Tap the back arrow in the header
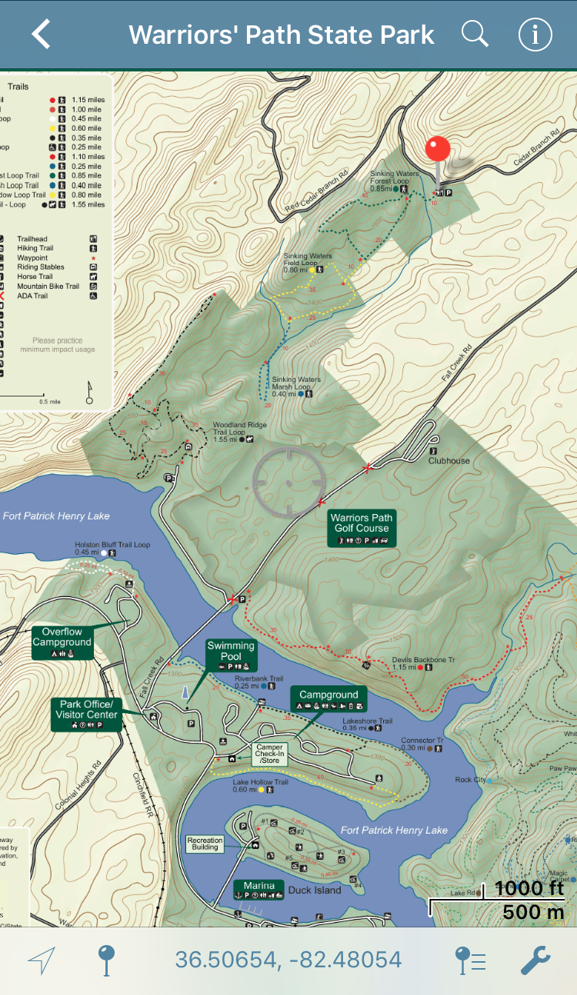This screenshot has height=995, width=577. (41, 35)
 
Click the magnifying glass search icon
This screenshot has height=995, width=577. (475, 35)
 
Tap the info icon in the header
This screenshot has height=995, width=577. (535, 35)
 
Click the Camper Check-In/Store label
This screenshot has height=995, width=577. (270, 754)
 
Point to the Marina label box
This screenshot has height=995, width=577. (259, 890)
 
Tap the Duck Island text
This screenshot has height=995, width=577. (315, 891)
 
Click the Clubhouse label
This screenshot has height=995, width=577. (449, 461)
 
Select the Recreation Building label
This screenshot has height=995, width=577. (205, 844)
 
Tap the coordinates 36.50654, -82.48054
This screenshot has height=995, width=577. (288, 960)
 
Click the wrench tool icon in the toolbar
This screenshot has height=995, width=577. (535, 960)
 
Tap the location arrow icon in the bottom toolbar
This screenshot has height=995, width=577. (42, 960)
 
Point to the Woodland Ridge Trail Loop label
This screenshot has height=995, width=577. (229, 430)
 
